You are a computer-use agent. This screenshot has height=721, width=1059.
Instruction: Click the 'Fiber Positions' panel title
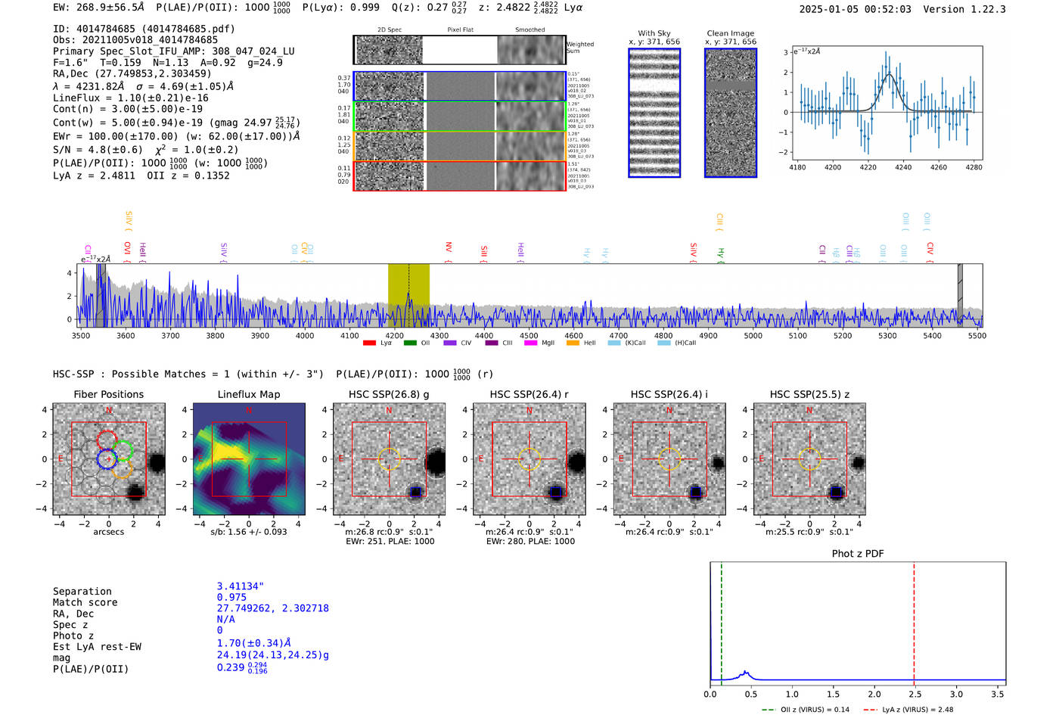tap(108, 394)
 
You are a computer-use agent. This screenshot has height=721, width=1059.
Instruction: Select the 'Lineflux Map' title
tap(249, 394)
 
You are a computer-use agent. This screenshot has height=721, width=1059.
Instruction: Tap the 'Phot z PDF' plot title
tap(858, 554)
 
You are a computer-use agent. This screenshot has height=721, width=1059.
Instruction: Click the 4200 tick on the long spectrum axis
tap(394, 336)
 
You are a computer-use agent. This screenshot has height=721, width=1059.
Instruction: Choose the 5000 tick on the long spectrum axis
tap(753, 336)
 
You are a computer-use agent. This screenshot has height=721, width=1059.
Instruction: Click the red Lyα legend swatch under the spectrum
tap(369, 343)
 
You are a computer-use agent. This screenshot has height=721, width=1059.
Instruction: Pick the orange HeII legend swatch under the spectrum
tap(573, 343)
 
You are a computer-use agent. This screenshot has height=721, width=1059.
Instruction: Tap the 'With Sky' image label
tap(654, 33)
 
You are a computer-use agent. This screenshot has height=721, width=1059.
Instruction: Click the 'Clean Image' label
tap(730, 33)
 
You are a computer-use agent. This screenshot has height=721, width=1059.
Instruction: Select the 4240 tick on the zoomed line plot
tap(903, 167)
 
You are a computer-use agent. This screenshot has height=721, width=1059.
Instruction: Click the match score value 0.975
tap(231, 598)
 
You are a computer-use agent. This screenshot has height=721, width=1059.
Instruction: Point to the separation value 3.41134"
tap(240, 586)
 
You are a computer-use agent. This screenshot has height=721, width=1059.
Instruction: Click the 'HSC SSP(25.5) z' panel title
tap(809, 394)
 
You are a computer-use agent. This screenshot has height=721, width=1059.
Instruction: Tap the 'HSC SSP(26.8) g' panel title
tap(389, 394)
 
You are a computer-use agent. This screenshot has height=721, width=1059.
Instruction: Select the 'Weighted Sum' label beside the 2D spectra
tap(579, 48)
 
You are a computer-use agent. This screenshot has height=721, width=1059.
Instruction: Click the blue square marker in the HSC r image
tap(556, 493)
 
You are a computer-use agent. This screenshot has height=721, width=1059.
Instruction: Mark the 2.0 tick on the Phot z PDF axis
tap(874, 694)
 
